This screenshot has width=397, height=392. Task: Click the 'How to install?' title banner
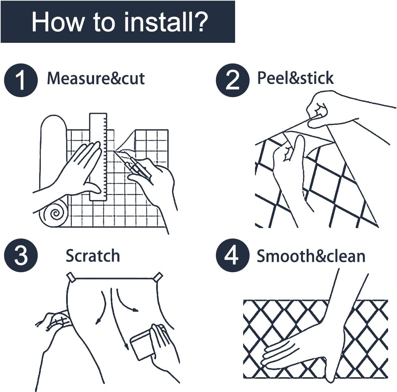[118, 22]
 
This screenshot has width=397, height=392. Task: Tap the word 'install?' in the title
[166, 22]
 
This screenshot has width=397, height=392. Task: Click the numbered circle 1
[21, 81]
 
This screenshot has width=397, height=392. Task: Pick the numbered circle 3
[21, 255]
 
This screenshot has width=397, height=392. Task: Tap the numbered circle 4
[232, 255]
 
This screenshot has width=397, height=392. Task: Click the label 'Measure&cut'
[96, 78]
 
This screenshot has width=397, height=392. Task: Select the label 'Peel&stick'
[295, 78]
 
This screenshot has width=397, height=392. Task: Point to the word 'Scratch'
[93, 256]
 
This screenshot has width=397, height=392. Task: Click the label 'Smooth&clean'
[311, 256]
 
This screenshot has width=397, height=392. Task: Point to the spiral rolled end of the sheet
[53, 214]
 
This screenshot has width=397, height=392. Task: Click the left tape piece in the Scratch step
[71, 277]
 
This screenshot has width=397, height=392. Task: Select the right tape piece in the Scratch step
[158, 277]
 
